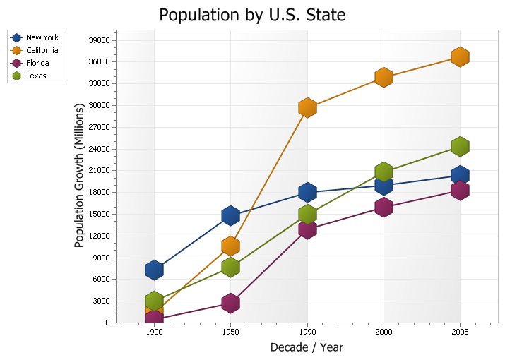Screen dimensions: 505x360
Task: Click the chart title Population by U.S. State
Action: click(x=252, y=15)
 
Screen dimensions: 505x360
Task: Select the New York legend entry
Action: click(x=35, y=37)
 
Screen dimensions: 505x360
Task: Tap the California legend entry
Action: click(x=34, y=50)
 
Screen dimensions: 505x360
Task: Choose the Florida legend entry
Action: click(x=30, y=63)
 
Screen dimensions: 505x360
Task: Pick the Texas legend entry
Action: click(x=28, y=76)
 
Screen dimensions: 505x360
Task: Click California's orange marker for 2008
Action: click(x=460, y=56)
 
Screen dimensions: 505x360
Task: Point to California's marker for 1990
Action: click(x=307, y=108)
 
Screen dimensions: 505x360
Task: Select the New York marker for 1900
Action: click(x=154, y=270)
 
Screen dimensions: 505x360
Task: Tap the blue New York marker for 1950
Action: click(x=230, y=215)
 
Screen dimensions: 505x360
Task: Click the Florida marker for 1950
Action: click(x=230, y=303)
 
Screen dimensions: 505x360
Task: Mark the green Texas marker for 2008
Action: click(x=460, y=146)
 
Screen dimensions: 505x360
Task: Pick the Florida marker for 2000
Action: click(x=384, y=207)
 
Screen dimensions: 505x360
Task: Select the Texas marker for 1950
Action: click(x=230, y=267)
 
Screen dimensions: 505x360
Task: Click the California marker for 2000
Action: click(x=384, y=77)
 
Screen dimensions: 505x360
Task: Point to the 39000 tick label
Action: click(x=99, y=40)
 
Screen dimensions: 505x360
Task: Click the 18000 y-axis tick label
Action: click(x=99, y=192)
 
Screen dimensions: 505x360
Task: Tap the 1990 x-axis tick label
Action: click(x=307, y=332)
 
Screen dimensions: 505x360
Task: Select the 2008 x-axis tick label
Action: click(x=460, y=332)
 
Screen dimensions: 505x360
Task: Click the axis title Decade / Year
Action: click(x=307, y=347)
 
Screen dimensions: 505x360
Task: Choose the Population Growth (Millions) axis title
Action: click(x=79, y=176)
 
